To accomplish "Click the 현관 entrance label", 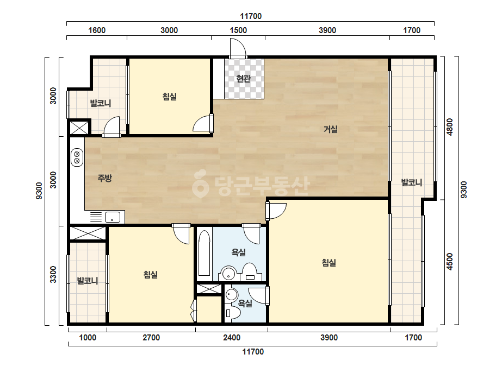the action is [243, 78].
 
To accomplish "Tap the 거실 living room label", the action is [330, 129].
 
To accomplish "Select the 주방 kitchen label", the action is [104, 178].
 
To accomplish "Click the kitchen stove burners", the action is [77, 157].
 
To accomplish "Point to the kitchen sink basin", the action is [113, 217].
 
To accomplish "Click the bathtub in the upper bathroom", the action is [204, 253].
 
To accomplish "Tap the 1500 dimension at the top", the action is [238, 30].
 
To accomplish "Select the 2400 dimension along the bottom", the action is [232, 338].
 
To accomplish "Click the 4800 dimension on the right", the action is [450, 127].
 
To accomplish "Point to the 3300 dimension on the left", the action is [53, 274].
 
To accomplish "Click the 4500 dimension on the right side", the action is [450, 262].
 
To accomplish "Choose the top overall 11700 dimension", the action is [251, 16].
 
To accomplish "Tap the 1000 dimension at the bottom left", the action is [88, 338].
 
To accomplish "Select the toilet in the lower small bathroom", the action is [233, 314].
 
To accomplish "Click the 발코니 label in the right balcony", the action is [412, 182].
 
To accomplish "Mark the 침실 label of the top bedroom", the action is [169, 96].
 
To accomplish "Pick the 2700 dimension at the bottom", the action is [151, 338].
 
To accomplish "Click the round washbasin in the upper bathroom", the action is [228, 273].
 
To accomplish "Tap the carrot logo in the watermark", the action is [200, 184].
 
